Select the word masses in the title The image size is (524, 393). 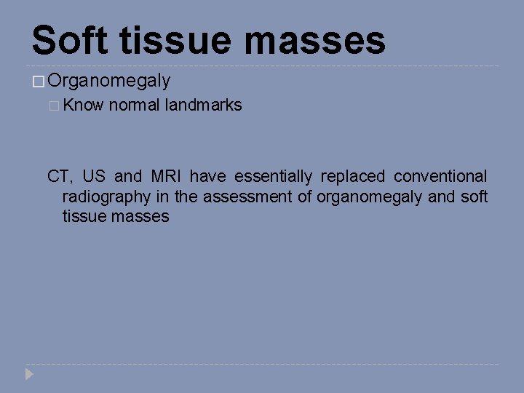tap(315, 40)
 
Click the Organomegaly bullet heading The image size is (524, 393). tap(109, 81)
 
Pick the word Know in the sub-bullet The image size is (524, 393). tap(84, 105)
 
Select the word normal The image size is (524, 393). tap(134, 105)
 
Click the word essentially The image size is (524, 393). tap(273, 176)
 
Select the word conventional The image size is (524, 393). tap(440, 176)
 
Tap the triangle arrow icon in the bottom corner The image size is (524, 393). tap(29, 375)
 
